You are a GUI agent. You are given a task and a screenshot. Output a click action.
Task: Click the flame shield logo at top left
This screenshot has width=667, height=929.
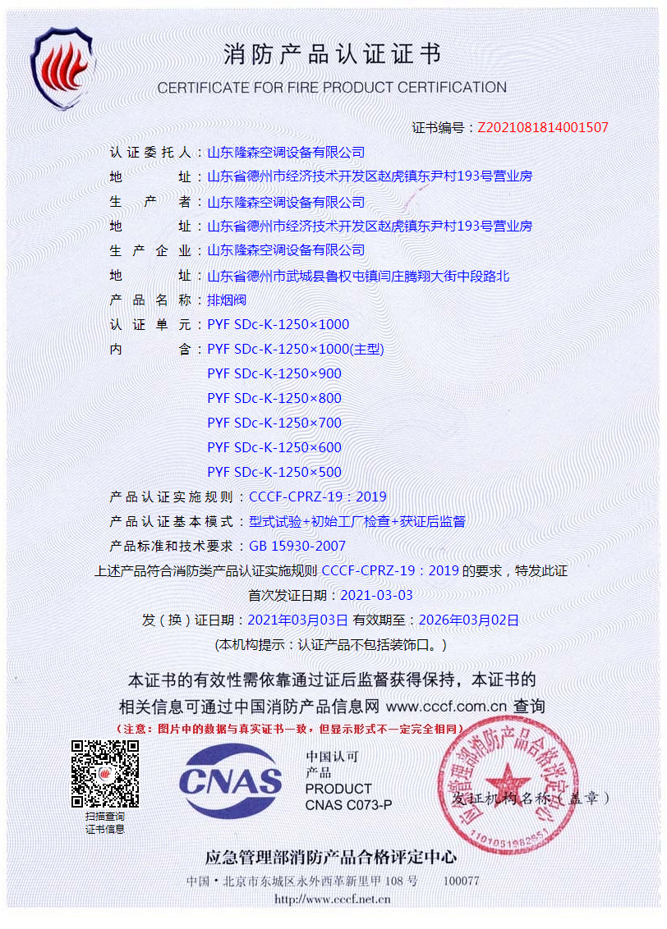[x=63, y=67]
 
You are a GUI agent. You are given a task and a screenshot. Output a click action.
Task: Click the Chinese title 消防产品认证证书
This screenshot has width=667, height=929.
[x=332, y=55]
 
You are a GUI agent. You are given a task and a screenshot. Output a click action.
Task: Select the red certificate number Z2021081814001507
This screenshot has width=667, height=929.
[x=543, y=127]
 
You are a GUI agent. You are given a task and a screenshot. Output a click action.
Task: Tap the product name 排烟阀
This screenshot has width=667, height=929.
[x=227, y=300]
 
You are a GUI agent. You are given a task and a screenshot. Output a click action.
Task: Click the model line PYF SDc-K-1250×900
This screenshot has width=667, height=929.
[x=274, y=373]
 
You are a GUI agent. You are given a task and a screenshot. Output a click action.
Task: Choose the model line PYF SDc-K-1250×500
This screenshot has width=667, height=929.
[x=274, y=472]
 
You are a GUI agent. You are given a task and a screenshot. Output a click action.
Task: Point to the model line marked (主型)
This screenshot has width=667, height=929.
[x=296, y=349]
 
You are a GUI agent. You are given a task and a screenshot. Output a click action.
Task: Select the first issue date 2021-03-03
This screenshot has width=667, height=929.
[x=376, y=595]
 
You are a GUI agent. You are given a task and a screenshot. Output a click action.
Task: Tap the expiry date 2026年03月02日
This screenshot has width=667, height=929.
[x=468, y=620]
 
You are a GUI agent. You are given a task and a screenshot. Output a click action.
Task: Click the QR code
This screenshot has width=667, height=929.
[x=104, y=774]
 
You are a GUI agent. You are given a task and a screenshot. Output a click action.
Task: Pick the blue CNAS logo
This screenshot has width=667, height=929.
[x=231, y=780]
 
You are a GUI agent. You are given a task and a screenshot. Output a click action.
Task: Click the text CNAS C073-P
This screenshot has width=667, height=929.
[x=348, y=805]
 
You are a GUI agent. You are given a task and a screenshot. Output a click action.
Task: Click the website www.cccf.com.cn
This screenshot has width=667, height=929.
[x=446, y=706]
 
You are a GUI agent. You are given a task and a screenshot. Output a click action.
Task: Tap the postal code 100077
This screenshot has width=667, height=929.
[x=461, y=881]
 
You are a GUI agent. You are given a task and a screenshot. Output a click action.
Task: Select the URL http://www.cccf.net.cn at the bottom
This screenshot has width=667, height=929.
[x=332, y=899]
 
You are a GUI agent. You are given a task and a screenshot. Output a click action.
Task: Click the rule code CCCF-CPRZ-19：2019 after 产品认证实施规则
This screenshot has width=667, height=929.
[x=317, y=497]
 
